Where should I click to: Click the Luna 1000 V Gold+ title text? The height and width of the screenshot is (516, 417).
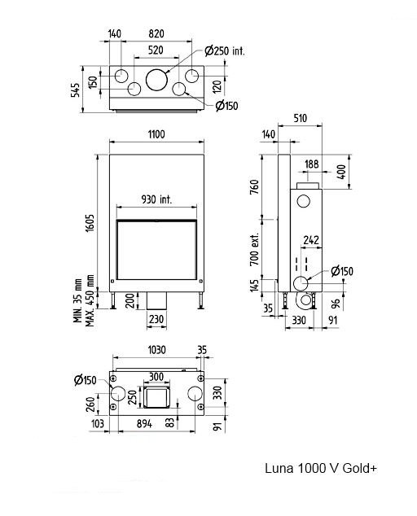point(321,468)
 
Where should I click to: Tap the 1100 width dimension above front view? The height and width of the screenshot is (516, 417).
point(156,134)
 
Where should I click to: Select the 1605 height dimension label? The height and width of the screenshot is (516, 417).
point(90,223)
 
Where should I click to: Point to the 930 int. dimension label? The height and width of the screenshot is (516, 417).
point(156,199)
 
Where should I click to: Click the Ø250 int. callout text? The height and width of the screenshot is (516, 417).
point(225,51)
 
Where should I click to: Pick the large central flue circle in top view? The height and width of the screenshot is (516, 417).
point(156,79)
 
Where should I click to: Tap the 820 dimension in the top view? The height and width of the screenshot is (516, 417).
point(156,33)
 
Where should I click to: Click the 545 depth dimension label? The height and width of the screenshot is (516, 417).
point(76,90)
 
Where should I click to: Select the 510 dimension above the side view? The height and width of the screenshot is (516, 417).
point(300,118)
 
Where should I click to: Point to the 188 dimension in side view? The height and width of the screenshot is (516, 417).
point(312,164)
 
